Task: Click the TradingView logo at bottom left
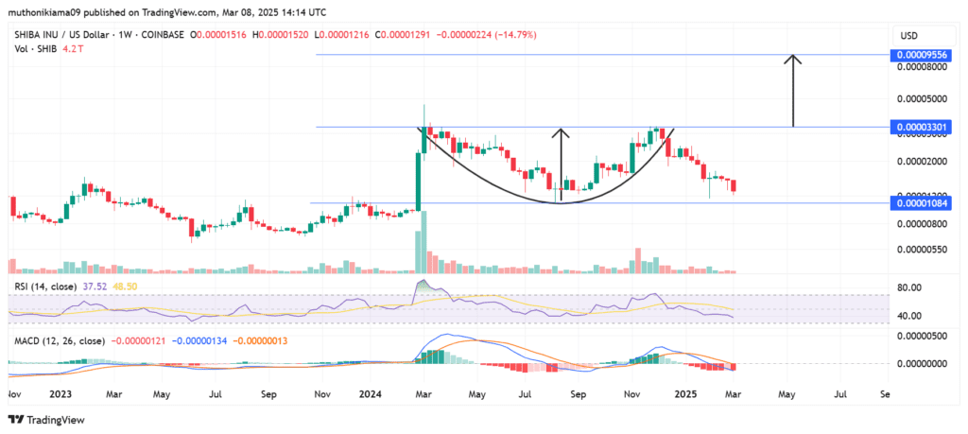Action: pos(45,420)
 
